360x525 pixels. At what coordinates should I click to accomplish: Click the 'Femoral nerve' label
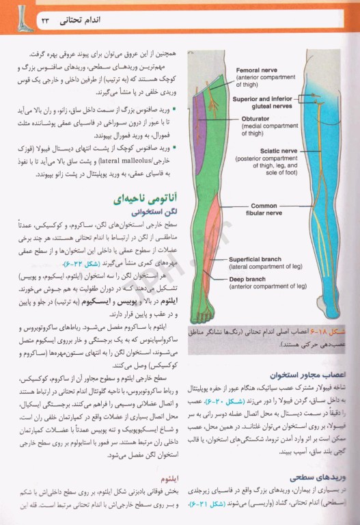click(x=256, y=70)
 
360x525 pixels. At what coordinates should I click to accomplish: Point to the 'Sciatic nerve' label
click(x=275, y=151)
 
